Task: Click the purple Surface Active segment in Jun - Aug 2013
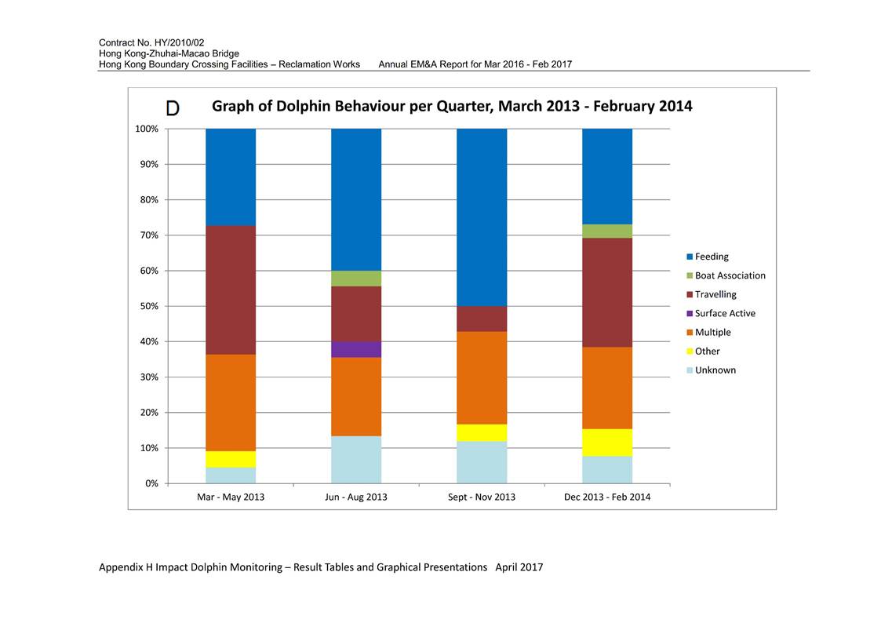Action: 356,349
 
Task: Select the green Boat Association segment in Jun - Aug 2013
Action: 356,279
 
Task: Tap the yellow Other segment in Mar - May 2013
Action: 231,459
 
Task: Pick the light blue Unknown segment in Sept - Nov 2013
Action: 482,462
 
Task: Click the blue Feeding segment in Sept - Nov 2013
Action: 482,217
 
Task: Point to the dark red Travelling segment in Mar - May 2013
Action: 231,290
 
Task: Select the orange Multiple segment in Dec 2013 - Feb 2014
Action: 607,388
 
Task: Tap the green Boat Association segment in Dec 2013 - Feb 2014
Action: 607,231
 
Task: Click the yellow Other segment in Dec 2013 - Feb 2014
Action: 607,443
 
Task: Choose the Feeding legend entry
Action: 708,257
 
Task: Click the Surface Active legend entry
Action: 721,314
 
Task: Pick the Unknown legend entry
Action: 712,370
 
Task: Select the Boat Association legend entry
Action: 726,276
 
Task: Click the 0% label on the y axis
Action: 151,483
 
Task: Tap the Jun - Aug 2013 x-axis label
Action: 356,497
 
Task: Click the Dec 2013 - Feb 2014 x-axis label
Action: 607,497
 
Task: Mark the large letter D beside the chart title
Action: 173,107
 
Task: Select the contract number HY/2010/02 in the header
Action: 178,42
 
